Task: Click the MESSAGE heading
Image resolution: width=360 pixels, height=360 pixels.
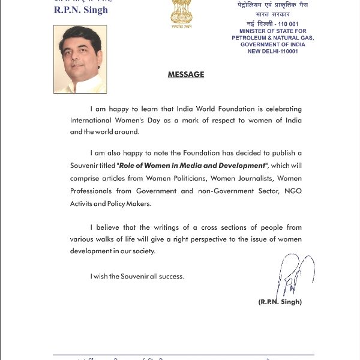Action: (x=185, y=75)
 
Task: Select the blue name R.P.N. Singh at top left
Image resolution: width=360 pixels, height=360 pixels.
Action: (x=82, y=10)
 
